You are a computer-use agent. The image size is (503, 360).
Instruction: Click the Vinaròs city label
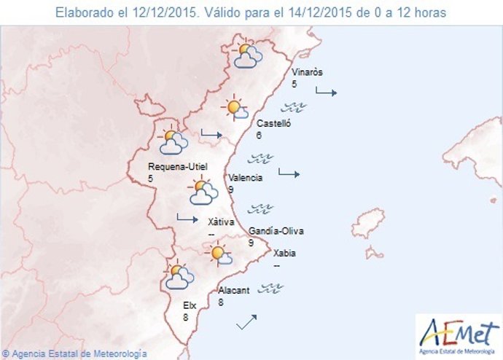coord(306,73)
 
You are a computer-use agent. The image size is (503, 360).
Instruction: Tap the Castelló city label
coord(273,125)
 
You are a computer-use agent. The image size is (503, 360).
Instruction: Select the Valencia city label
coord(244,178)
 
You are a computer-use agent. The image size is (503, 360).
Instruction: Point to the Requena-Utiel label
coord(174,166)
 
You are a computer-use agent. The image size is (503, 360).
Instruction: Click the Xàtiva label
coord(221,222)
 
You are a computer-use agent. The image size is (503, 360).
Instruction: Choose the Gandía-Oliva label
coord(276,232)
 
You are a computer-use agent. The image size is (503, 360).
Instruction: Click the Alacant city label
coord(234,290)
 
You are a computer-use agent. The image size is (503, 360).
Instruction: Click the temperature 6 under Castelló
coord(259,136)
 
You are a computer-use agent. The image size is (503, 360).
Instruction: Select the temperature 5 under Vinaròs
coord(295,85)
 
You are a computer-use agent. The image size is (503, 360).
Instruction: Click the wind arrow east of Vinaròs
coord(326,92)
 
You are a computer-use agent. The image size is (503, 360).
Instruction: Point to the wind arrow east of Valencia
coord(289,173)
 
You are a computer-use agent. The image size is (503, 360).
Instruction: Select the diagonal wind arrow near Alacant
coord(246,321)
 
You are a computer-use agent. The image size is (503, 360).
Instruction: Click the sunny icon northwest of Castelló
coord(235,109)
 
